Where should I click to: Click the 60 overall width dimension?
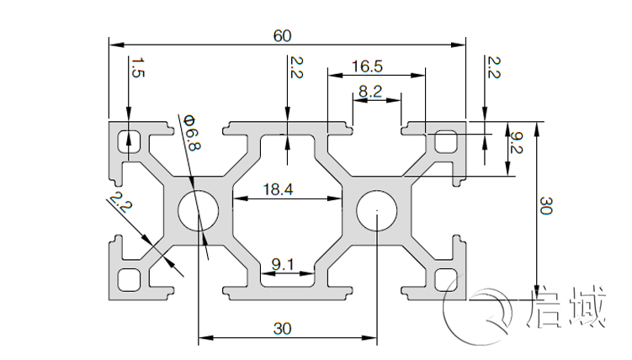pyautogui.click(x=283, y=35)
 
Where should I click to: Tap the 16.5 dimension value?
pyautogui.click(x=368, y=65)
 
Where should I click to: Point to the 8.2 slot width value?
pyautogui.click(x=369, y=92)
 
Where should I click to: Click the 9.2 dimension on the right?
pyautogui.click(x=518, y=150)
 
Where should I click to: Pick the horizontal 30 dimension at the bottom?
pyautogui.click(x=283, y=329)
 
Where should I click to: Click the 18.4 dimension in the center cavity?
pyautogui.click(x=278, y=190)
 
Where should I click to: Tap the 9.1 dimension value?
pyautogui.click(x=283, y=265)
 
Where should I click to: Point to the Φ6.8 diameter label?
pyautogui.click(x=192, y=134)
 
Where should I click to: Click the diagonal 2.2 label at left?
pyautogui.click(x=119, y=205)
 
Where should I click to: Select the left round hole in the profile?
pyautogui.click(x=198, y=210)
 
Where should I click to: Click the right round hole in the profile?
pyautogui.click(x=378, y=210)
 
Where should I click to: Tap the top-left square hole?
pyautogui.click(x=130, y=140)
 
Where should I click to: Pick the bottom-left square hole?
pyautogui.click(x=130, y=278)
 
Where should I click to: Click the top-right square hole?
pyautogui.click(x=446, y=140)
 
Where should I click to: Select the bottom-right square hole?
pyautogui.click(x=446, y=278)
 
